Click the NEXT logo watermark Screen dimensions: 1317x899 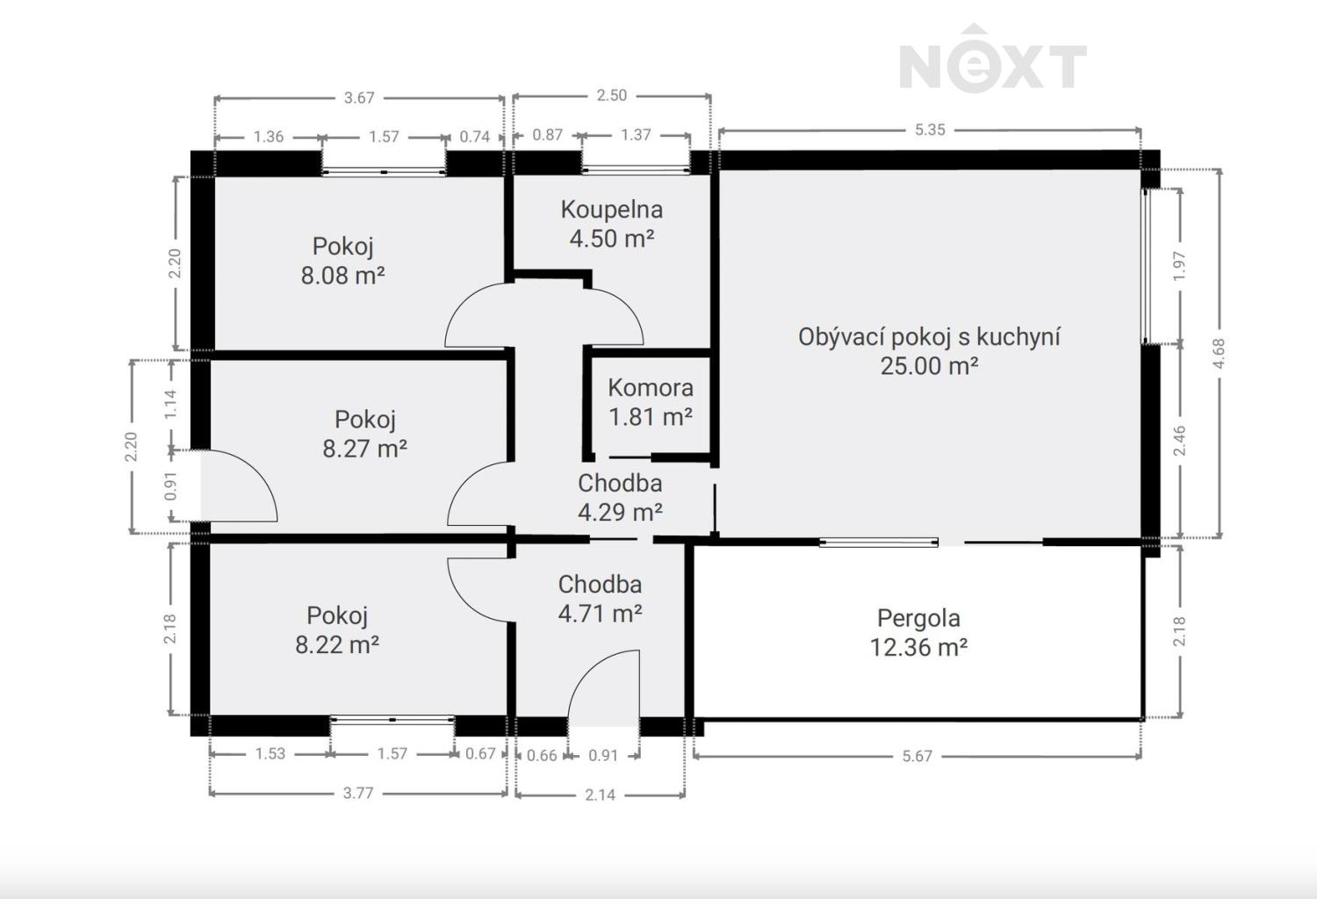[x=992, y=59]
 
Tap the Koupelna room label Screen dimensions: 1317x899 [x=611, y=209]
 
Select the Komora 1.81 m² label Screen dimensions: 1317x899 [x=651, y=402]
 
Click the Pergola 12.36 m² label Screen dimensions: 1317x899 [x=918, y=633]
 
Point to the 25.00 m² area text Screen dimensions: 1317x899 [x=929, y=366]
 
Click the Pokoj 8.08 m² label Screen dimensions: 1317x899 [x=342, y=261]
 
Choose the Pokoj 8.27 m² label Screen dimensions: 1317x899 [x=364, y=434]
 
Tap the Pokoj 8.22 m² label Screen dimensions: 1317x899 [x=337, y=630]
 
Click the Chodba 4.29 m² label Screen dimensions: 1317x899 [x=620, y=498]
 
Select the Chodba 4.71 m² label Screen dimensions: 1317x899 [x=600, y=599]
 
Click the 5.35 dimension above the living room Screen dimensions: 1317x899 [x=930, y=129]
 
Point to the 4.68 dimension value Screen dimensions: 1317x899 [x=1219, y=354]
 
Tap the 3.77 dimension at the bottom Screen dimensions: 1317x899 [x=358, y=793]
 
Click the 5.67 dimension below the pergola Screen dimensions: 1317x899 [x=918, y=756]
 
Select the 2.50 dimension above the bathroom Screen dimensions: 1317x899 [x=611, y=95]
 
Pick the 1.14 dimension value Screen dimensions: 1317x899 [x=170, y=405]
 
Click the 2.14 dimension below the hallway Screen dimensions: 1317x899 [x=600, y=795]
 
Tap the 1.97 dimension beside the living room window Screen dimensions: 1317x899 [x=1179, y=266]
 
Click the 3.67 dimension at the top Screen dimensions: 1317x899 [x=358, y=97]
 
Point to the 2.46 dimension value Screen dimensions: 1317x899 [x=1179, y=441]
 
